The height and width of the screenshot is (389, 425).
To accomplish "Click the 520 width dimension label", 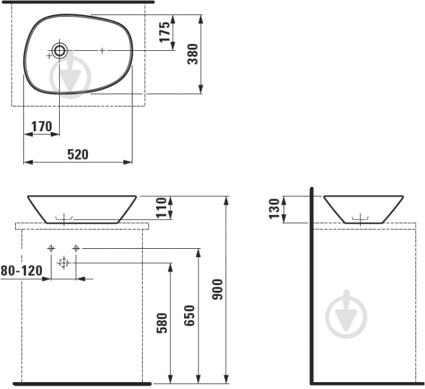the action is coord(78,155).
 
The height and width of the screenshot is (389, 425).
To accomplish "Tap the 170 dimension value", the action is coord(41,126).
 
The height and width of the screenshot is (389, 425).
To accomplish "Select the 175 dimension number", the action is coord(165,32).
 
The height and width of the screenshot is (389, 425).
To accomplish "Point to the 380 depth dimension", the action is coord(193,54).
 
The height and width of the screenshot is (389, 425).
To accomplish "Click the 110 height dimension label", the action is coord(161,208).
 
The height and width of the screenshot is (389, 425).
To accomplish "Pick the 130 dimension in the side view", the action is coord(274,208).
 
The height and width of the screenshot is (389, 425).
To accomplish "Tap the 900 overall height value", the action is coord(218,289).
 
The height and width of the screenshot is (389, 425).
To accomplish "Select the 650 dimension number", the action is coord(189,315).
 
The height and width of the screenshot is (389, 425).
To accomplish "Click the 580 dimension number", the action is coord(162,323).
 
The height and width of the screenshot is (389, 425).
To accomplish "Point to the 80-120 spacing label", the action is coord(22,271).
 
